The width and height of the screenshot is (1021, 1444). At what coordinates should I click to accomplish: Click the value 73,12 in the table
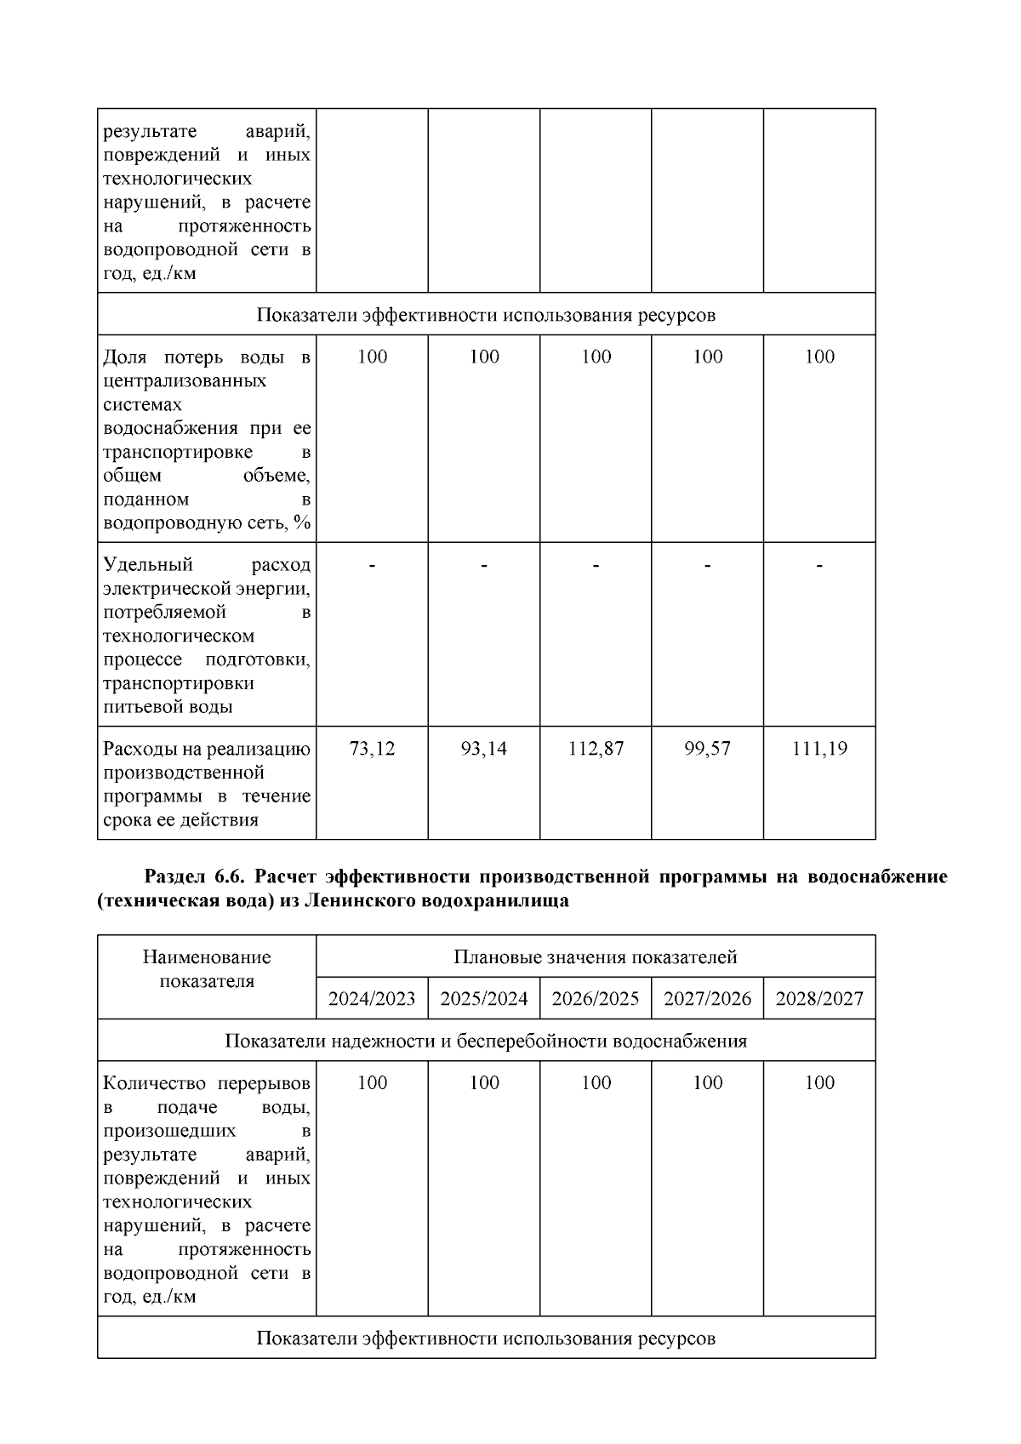pos(372,749)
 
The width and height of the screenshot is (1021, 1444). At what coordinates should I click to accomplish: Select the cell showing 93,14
pos(483,749)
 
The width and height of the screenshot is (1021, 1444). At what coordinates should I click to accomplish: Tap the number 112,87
pos(596,749)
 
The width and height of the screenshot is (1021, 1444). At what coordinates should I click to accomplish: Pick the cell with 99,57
pos(707,749)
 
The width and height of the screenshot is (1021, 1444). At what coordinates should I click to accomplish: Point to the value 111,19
pos(819,749)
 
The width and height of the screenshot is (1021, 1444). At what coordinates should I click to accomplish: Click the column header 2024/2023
pos(372,998)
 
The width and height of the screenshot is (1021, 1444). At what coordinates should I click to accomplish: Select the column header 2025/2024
pos(483,998)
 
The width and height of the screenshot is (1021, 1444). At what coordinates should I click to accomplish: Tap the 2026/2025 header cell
pos(596,998)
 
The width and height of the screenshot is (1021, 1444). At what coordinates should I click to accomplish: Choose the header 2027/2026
pos(707,998)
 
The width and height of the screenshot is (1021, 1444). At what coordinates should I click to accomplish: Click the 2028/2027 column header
pos(819,998)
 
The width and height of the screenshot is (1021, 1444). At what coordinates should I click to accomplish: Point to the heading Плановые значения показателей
pos(596,957)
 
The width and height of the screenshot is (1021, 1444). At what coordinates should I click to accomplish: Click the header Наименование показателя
pos(207,969)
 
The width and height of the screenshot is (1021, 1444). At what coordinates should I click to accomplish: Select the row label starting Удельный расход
pos(207,635)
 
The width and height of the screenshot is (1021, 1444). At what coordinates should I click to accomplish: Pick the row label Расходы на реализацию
pos(207,784)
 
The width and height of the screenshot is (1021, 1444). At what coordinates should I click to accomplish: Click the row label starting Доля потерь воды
pos(207,439)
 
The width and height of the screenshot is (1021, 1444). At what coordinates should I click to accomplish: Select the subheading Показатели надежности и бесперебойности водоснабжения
pos(486,1041)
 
